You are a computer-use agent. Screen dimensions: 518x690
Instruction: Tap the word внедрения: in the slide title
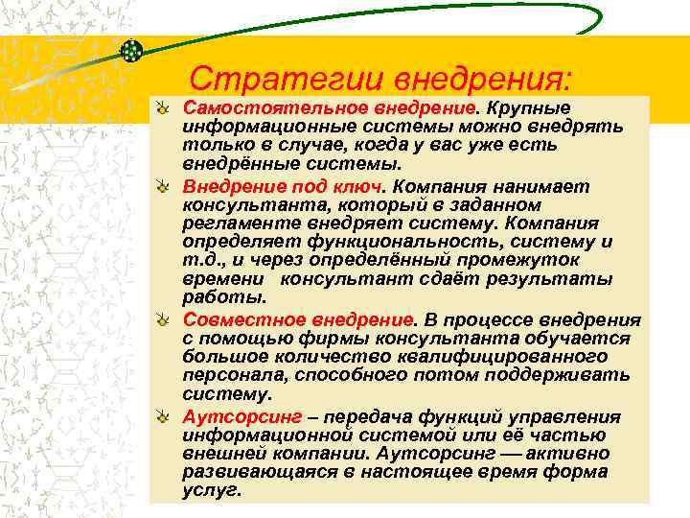click(x=464, y=77)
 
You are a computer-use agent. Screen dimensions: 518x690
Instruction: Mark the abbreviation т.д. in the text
click(x=198, y=259)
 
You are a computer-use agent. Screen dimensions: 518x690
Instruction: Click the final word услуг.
click(x=211, y=490)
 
